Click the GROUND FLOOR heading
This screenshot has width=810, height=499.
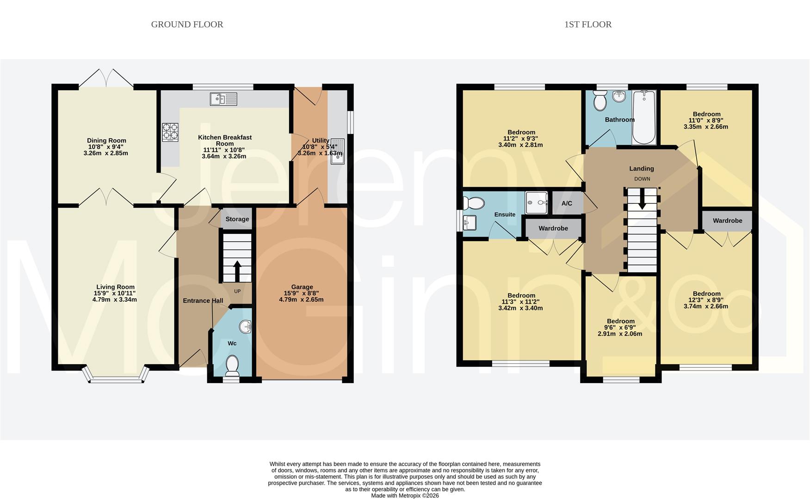(187, 24)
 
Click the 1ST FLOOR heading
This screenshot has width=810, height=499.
(587, 24)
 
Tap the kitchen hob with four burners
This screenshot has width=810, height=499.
(170, 132)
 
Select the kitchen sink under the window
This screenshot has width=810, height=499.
(223, 99)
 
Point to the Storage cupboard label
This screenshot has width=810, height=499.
(237, 219)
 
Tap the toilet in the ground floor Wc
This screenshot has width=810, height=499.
(232, 365)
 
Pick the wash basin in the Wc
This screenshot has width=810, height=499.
(246, 327)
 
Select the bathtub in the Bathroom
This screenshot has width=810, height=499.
(643, 117)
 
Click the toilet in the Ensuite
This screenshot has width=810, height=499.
(474, 203)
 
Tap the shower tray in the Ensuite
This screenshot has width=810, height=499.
(537, 202)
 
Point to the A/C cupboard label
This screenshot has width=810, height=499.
(567, 203)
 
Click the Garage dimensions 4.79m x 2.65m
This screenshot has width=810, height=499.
(301, 299)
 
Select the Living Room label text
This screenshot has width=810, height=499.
(115, 287)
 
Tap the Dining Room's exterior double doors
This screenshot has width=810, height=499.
(106, 79)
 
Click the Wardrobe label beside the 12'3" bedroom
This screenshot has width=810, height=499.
(727, 220)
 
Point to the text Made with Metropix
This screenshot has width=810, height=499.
(405, 495)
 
